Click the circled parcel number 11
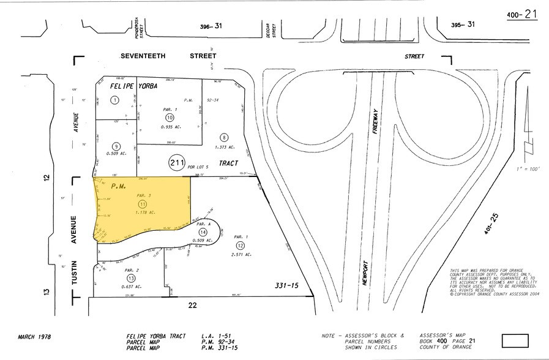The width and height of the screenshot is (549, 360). (x=143, y=203)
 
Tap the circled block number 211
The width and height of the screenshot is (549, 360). (x=177, y=163)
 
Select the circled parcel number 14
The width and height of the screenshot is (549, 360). (x=202, y=232)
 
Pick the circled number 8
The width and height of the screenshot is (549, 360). (x=225, y=137)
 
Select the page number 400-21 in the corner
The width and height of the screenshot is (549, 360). (x=522, y=13)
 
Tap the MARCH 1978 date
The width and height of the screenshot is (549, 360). (x=34, y=337)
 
